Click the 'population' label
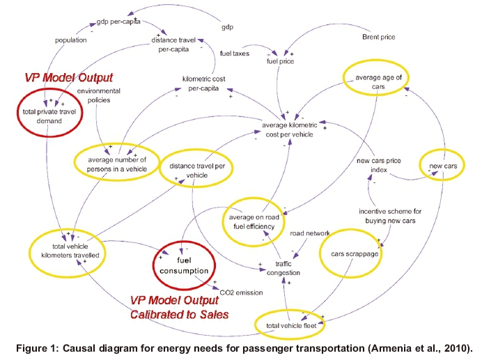(70, 40)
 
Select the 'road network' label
(310, 233)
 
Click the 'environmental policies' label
(98, 95)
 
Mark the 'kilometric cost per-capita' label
(205, 83)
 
